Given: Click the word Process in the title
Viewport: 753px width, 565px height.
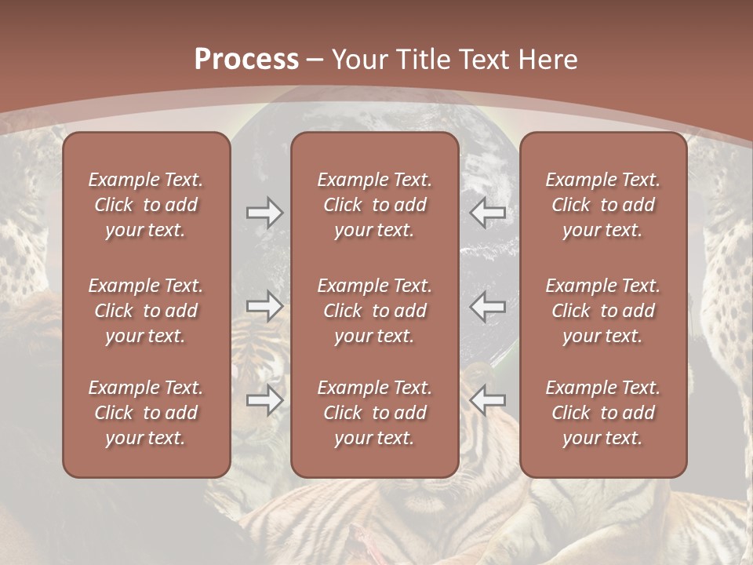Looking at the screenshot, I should click(246, 60).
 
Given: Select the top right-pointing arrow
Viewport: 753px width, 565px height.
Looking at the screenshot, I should click(264, 213).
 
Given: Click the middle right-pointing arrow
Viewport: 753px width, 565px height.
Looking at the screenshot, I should click(264, 306).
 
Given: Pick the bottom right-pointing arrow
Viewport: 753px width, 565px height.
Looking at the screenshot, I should click(264, 400).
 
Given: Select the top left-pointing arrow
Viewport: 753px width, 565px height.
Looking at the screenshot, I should click(488, 213).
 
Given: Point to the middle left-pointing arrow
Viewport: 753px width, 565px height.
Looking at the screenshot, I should click(488, 306).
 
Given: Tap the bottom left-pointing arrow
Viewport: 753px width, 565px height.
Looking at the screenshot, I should click(488, 400).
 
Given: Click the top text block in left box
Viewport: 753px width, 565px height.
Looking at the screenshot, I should click(146, 205).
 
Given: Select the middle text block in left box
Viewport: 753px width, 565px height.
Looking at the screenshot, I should click(146, 311).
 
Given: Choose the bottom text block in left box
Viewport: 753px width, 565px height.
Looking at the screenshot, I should click(146, 413).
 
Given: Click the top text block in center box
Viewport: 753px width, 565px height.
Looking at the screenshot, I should click(375, 205).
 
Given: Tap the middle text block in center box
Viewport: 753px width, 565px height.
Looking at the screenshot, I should click(375, 311).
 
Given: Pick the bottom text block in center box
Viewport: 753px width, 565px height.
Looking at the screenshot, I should click(375, 413).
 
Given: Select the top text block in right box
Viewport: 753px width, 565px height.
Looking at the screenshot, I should click(603, 205).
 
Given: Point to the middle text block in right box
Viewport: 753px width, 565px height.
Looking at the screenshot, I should click(603, 311).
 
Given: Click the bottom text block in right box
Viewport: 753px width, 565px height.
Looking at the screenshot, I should click(603, 413).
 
